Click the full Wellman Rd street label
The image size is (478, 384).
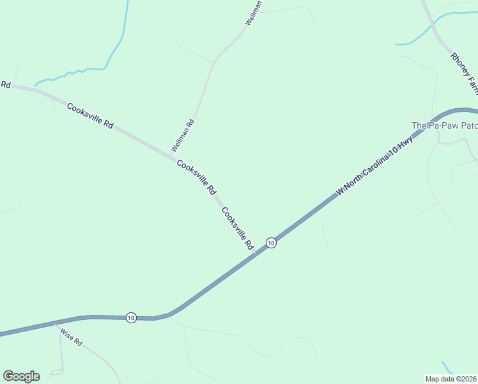point(182,136)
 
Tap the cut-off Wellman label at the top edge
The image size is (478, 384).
point(254,13)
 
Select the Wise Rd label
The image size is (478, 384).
point(72,337)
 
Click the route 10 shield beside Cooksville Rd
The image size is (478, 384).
point(271,243)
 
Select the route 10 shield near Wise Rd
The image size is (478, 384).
point(131,317)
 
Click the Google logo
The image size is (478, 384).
point(21,376)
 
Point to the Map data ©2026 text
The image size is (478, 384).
point(451,378)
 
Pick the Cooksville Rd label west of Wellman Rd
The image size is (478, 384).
point(90,116)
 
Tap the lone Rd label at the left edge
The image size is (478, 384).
point(6,84)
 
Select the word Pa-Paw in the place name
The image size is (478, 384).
point(445,125)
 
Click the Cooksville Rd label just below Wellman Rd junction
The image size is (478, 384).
point(197,177)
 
